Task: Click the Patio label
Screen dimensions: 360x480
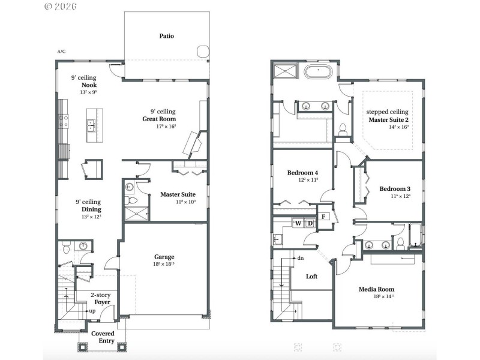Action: coord(167,36)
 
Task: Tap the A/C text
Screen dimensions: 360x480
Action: coord(61,52)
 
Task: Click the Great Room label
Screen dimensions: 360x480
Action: coord(159,119)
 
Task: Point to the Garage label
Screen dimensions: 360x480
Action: coord(164,257)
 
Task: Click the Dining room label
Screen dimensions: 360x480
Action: coord(88,209)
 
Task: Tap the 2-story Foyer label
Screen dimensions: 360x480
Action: coord(100,298)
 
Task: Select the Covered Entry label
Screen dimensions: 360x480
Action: coord(103,337)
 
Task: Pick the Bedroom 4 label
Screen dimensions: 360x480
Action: coord(302,173)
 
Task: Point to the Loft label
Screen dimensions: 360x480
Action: coord(311,277)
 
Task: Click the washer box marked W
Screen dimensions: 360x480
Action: coord(298,224)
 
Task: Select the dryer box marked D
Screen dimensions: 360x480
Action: coord(310,224)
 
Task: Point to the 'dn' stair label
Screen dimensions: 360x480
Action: coord(300,258)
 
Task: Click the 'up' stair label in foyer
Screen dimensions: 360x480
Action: coord(92,311)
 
